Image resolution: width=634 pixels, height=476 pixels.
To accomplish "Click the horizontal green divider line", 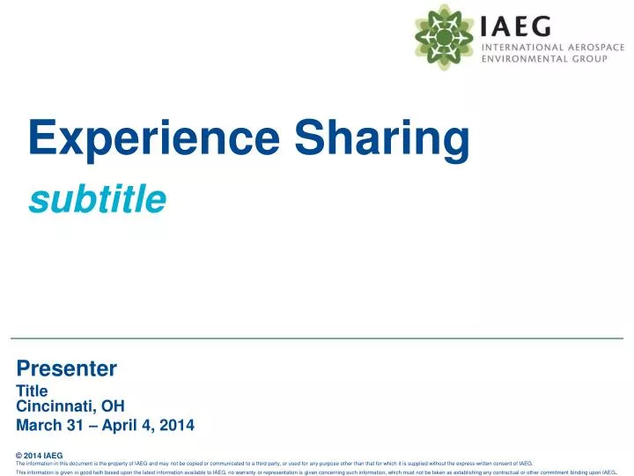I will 317,338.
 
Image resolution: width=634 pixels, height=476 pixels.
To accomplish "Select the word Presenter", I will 67,368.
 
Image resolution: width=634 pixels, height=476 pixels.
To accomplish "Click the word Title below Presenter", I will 32,390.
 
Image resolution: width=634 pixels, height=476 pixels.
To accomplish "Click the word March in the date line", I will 38,425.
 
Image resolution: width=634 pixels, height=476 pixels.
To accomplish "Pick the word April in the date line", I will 123,425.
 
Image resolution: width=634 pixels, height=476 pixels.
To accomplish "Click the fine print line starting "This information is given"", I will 316,472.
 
